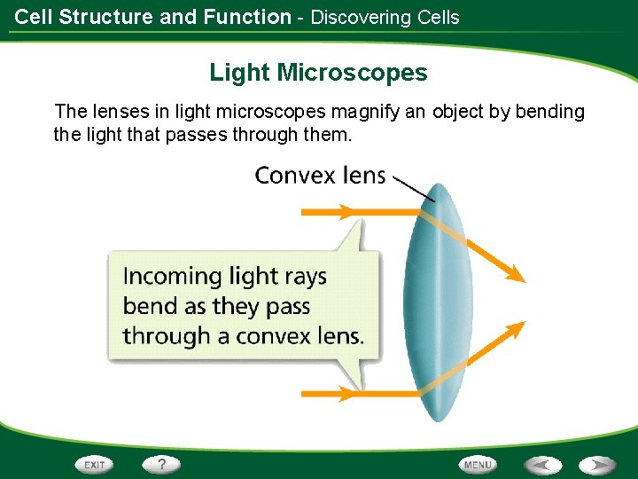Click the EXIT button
coord(95,464)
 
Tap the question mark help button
coord(161,464)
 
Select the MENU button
coord(478,464)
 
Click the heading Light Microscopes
coord(318,73)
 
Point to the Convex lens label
coord(320,176)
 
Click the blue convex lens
coord(434,302)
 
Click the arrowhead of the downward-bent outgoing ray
coord(514,274)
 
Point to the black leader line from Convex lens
coord(413,188)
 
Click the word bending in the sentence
coord(551,113)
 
